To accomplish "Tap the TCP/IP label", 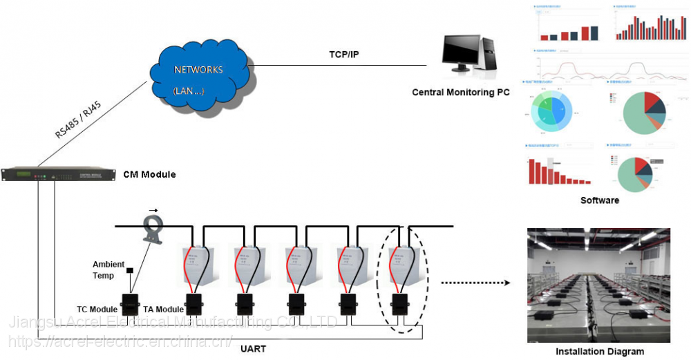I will point(343,54).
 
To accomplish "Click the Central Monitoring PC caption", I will point(460,92).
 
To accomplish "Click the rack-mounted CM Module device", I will point(59,176).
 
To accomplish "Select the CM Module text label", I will point(149,175).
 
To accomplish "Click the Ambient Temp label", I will point(108,269).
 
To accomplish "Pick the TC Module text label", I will point(97,309).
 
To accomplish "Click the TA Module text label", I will point(163,309).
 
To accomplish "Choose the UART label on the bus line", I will point(252,348).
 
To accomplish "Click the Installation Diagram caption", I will point(599,352).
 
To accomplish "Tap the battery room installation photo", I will point(598,285).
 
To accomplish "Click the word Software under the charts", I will point(600,200).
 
